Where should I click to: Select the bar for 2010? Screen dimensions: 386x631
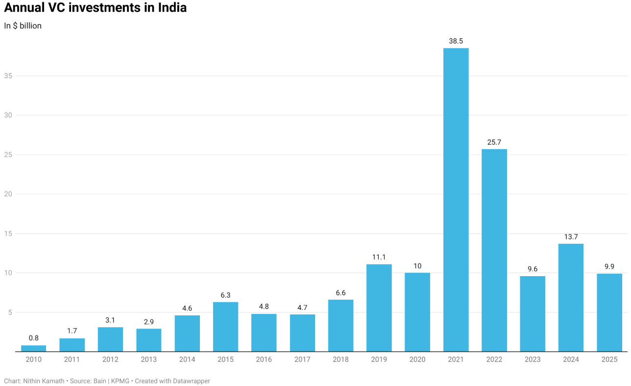pyautogui.click(x=33, y=349)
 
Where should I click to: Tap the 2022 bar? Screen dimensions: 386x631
pyautogui.click(x=494, y=250)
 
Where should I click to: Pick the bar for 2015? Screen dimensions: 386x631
pyautogui.click(x=225, y=327)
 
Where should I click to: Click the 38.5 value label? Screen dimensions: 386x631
pyautogui.click(x=456, y=41)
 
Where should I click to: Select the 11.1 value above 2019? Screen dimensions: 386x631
pyautogui.click(x=379, y=257)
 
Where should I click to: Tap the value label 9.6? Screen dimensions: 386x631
pyautogui.click(x=533, y=269)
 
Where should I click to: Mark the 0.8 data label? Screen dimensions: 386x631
pyautogui.click(x=33, y=338)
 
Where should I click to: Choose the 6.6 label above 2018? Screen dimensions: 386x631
pyautogui.click(x=340, y=293)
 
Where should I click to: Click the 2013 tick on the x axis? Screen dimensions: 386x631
pyautogui.click(x=148, y=360)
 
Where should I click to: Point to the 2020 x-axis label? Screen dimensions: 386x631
pyautogui.click(x=417, y=360)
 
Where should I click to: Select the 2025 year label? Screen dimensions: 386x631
pyautogui.click(x=609, y=360)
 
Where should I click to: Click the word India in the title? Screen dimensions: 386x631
pyautogui.click(x=172, y=8)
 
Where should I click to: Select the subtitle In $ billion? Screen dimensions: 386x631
pyautogui.click(x=23, y=26)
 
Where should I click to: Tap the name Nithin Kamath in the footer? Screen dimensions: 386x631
pyautogui.click(x=44, y=381)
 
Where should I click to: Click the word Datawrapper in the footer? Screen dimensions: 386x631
pyautogui.click(x=192, y=381)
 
